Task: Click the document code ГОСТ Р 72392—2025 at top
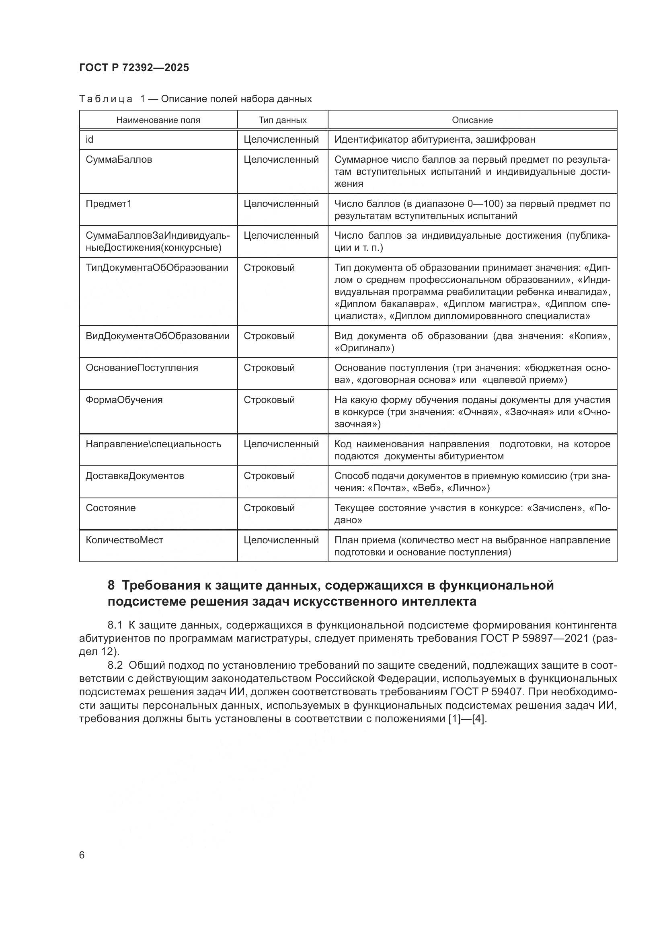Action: click(x=134, y=68)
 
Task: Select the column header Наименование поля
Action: click(x=158, y=120)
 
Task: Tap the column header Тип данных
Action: click(x=283, y=120)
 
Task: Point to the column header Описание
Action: click(x=472, y=120)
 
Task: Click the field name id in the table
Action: click(x=89, y=139)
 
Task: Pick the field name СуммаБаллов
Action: click(x=119, y=159)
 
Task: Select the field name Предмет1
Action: click(x=109, y=203)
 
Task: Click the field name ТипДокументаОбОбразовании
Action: click(x=157, y=268)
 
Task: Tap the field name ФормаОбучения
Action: click(x=124, y=399)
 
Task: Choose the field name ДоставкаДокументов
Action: click(x=135, y=476)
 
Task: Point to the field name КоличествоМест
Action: click(x=125, y=540)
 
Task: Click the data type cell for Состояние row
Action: click(x=269, y=508)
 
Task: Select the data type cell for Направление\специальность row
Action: click(x=281, y=444)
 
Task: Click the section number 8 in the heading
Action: click(x=111, y=586)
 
